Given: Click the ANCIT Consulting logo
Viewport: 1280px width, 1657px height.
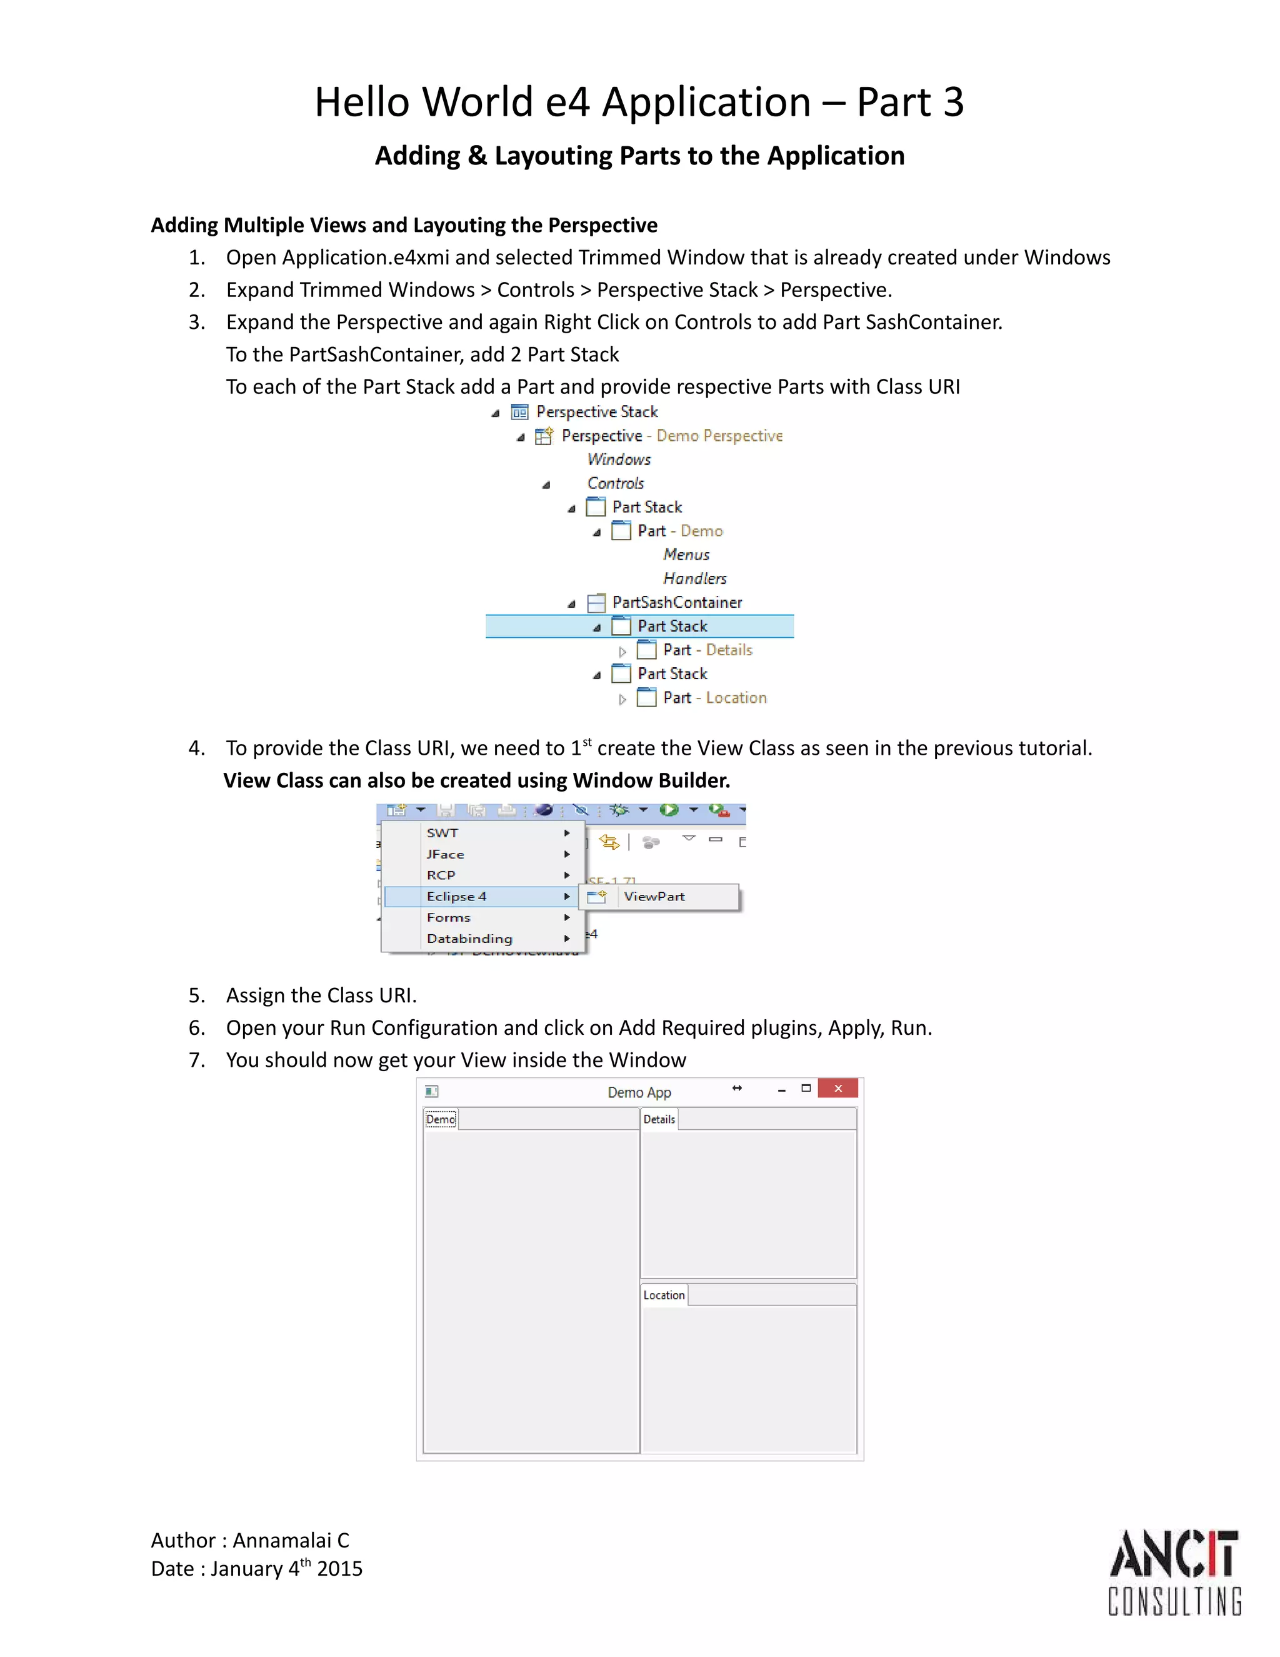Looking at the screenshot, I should pyautogui.click(x=1174, y=1572).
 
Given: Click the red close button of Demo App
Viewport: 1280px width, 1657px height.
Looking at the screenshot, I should pyautogui.click(x=838, y=1088).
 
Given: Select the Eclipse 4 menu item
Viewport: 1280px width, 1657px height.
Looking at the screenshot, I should pyautogui.click(x=456, y=896).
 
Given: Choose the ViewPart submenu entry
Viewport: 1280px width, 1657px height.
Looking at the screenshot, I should pyautogui.click(x=654, y=896).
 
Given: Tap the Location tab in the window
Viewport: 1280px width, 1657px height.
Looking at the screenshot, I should pyautogui.click(x=664, y=1295).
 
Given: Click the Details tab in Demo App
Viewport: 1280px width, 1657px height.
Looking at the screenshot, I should pyautogui.click(x=659, y=1119).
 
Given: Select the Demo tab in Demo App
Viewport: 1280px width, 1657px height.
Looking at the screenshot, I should pyautogui.click(x=441, y=1119).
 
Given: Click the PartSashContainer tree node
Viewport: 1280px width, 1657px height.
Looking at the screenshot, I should pyautogui.click(x=676, y=602).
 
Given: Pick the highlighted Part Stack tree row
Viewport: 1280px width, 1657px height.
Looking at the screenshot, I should pyautogui.click(x=672, y=626).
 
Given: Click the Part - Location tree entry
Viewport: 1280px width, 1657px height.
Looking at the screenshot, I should pyautogui.click(x=714, y=697).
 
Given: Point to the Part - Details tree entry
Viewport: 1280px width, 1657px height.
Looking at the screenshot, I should pyautogui.click(x=707, y=650).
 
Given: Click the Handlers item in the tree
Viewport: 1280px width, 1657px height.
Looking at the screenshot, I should pyautogui.click(x=694, y=578).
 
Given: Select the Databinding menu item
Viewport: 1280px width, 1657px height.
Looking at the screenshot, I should pyautogui.click(x=469, y=939).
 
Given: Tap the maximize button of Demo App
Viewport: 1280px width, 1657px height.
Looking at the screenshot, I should pyautogui.click(x=806, y=1088).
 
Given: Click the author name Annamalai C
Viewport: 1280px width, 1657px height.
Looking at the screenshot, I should pyautogui.click(x=291, y=1540).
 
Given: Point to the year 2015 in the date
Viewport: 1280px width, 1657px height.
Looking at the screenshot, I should pyautogui.click(x=340, y=1568).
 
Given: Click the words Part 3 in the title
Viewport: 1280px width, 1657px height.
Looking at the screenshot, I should pyautogui.click(x=910, y=103).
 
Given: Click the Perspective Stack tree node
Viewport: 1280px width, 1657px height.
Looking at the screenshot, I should pyautogui.click(x=597, y=412).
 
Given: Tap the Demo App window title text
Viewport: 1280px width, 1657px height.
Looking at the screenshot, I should pyautogui.click(x=639, y=1092).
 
